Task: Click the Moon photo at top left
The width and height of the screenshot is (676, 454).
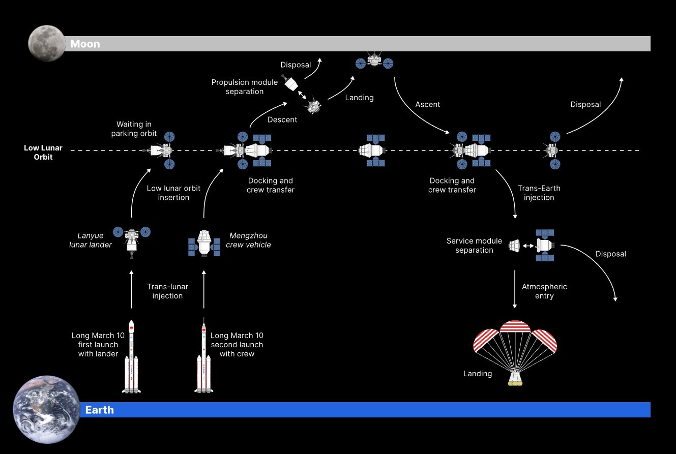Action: pyautogui.click(x=46, y=43)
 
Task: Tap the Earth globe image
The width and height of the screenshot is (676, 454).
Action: pyautogui.click(x=46, y=410)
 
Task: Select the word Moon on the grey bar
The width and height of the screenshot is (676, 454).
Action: pyautogui.click(x=85, y=44)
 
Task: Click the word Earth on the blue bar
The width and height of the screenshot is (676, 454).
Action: pyautogui.click(x=99, y=410)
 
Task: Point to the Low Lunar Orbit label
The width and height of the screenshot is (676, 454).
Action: pyautogui.click(x=43, y=153)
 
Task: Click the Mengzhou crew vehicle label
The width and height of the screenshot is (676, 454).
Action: pyautogui.click(x=248, y=240)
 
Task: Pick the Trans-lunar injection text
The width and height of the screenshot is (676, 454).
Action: pyautogui.click(x=167, y=291)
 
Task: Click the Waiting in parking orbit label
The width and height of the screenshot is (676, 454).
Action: pyautogui.click(x=134, y=129)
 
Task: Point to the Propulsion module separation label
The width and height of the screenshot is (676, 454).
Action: pyautogui.click(x=245, y=87)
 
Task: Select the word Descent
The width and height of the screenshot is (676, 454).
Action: pyautogui.click(x=282, y=120)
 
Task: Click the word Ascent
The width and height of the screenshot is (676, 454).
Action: pyautogui.click(x=428, y=105)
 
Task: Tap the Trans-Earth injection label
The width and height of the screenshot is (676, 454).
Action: pyautogui.click(x=539, y=193)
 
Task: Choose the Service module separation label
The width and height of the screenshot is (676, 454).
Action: pyautogui.click(x=474, y=246)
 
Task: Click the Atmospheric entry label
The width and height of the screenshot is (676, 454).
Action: pyautogui.click(x=544, y=291)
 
